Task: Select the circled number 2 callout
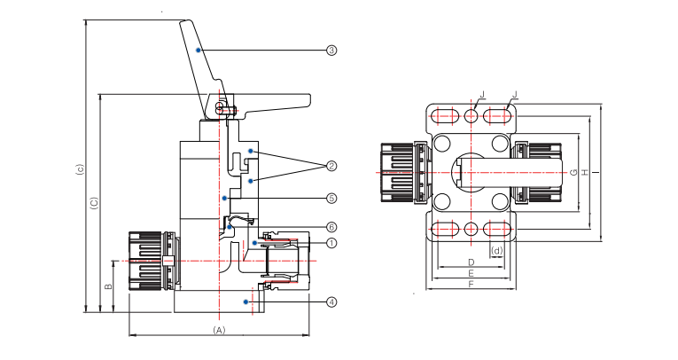[331, 166]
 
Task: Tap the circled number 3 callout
[331, 51]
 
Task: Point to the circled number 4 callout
[331, 301]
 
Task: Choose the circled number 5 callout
[331, 198]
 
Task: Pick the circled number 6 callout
[331, 227]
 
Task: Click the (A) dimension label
[220, 330]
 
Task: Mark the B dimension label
[107, 286]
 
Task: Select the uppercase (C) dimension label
[95, 203]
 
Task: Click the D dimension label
[471, 262]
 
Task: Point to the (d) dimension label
[497, 251]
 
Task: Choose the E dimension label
[471, 274]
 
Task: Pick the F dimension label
[471, 286]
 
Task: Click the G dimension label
[574, 172]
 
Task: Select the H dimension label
[585, 172]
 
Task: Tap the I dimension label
[596, 172]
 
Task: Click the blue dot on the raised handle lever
[200, 51]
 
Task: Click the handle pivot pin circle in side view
[218, 108]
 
